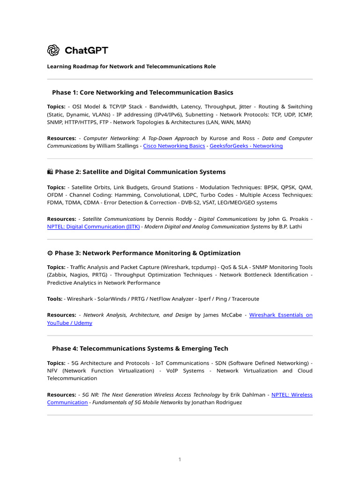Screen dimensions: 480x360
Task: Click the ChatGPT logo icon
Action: (x=53, y=50)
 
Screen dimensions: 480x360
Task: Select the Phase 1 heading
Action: (x=142, y=92)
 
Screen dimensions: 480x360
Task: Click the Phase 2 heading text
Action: (x=140, y=172)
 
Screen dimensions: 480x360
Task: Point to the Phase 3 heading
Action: (x=148, y=253)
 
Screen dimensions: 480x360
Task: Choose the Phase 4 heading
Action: (x=140, y=348)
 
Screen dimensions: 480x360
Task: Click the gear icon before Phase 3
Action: (x=50, y=253)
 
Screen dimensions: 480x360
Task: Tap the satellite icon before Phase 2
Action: (x=50, y=172)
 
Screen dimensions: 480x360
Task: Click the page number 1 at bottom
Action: (x=180, y=459)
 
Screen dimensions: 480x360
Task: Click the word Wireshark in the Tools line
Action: (x=80, y=299)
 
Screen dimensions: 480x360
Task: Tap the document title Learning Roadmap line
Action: (x=131, y=67)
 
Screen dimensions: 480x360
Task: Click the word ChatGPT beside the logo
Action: (x=86, y=50)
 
